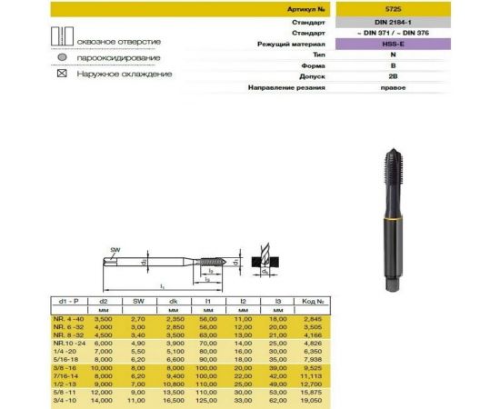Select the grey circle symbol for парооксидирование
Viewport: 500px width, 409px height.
pos(60,57)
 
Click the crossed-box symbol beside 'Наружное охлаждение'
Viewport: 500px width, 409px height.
pos(60,73)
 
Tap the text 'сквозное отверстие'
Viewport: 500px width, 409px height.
pos(119,42)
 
